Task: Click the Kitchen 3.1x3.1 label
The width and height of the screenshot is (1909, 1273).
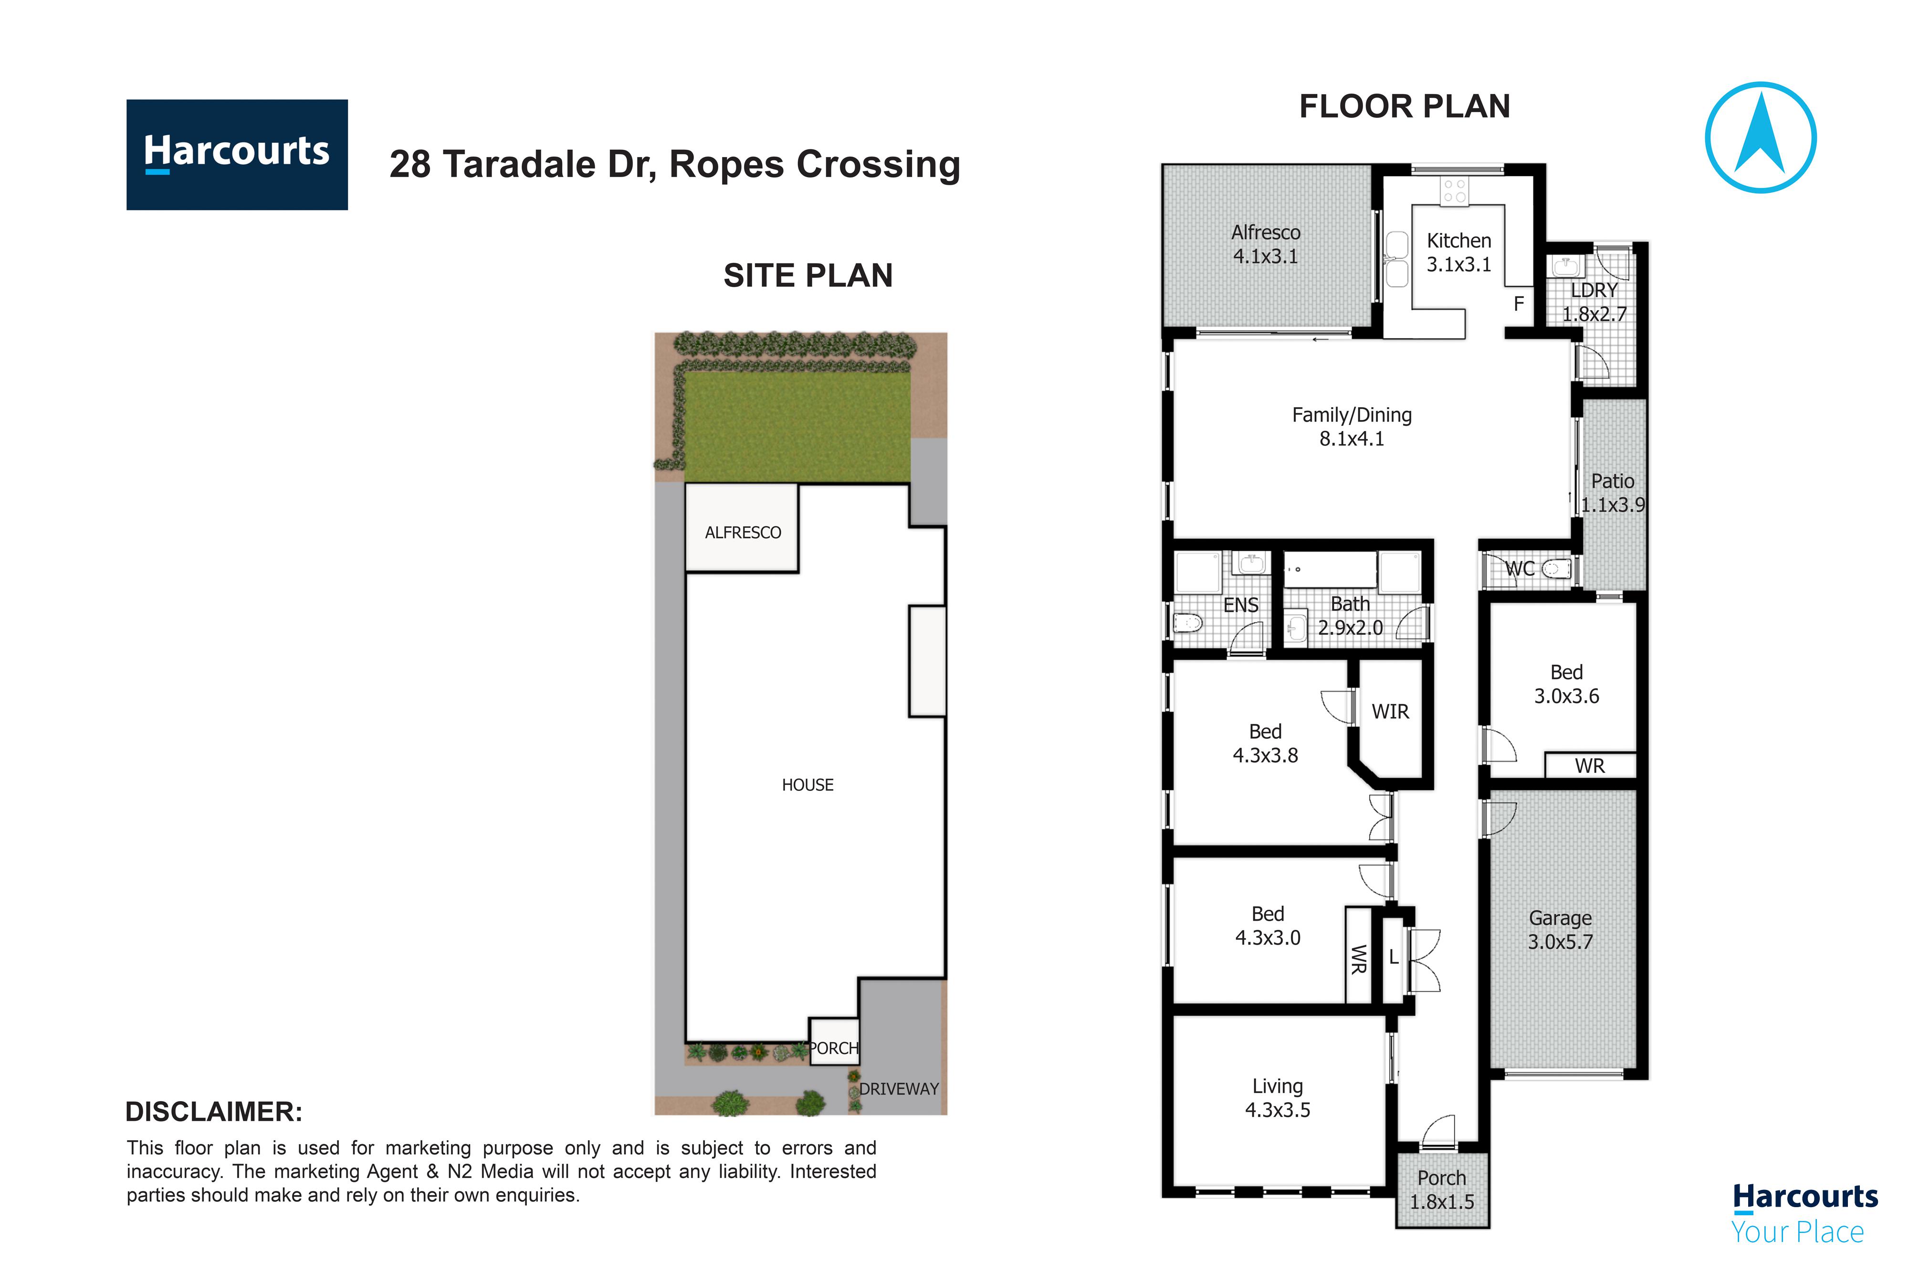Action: point(1458,252)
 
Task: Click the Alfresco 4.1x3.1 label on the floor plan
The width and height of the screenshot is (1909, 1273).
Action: point(1265,243)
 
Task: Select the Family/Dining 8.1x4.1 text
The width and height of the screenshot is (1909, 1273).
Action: point(1352,426)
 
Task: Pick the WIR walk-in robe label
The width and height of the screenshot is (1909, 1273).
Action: point(1390,711)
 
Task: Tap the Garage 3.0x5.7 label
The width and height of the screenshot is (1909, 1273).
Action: point(1560,930)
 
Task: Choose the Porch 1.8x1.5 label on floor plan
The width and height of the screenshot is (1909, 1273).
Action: point(1441,1189)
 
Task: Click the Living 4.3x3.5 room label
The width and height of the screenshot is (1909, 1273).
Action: point(1278,1098)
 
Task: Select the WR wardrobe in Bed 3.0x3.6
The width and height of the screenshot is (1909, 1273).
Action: point(1589,766)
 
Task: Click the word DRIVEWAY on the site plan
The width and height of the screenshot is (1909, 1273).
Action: point(899,1089)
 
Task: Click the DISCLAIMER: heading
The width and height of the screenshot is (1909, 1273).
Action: point(213,1112)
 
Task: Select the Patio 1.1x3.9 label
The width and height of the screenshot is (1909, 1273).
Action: point(1612,493)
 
